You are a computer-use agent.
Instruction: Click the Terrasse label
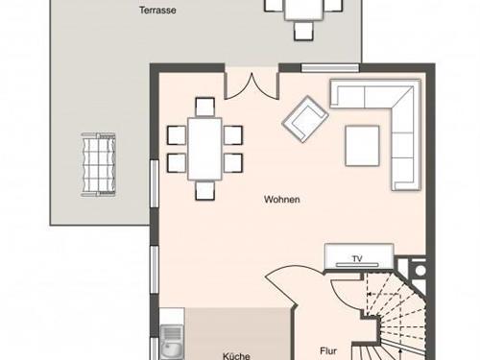click(157, 11)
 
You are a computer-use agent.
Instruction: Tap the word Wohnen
click(282, 200)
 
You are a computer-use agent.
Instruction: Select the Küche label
click(236, 356)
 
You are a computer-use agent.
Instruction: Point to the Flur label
click(328, 351)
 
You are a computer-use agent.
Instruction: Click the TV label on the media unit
click(357, 259)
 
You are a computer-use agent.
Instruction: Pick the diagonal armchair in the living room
click(305, 119)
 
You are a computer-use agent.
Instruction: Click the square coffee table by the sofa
click(362, 146)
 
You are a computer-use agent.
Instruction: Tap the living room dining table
click(204, 149)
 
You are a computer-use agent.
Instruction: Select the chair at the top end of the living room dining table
click(204, 107)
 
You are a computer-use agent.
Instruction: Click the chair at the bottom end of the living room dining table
click(204, 191)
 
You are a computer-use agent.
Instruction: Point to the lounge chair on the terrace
click(98, 164)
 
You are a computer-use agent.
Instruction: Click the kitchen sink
click(172, 343)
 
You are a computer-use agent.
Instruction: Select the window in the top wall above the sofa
click(330, 68)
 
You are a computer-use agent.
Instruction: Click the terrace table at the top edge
click(303, 10)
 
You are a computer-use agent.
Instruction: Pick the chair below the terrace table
click(303, 31)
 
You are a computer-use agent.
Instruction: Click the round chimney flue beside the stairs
click(420, 271)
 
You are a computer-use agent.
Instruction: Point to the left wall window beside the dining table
click(155, 184)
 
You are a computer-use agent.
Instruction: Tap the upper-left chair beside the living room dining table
click(177, 135)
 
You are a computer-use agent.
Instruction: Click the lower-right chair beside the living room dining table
click(233, 163)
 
